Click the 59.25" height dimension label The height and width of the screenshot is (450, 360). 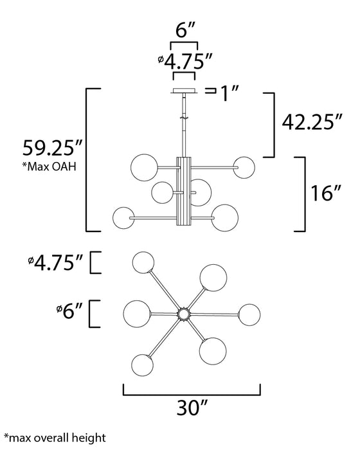[x=53, y=147]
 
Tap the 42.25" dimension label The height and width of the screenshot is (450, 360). [x=312, y=122]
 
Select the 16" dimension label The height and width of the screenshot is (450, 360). [x=326, y=193]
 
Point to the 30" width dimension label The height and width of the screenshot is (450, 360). [x=192, y=407]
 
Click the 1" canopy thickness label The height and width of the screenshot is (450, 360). [x=229, y=93]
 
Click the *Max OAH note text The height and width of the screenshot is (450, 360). [x=50, y=166]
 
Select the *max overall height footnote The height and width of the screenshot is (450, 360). [x=55, y=438]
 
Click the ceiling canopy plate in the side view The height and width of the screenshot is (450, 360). [x=184, y=91]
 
